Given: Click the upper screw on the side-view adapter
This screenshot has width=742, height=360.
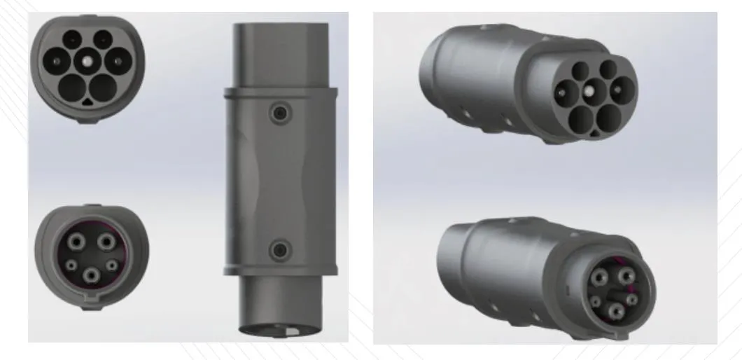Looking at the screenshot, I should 281,113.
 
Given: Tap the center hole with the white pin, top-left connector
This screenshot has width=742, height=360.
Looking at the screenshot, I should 85,61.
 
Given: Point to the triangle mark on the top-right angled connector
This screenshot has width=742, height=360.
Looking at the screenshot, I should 594,130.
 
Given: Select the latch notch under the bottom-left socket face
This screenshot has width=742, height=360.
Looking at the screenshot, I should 90,303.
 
